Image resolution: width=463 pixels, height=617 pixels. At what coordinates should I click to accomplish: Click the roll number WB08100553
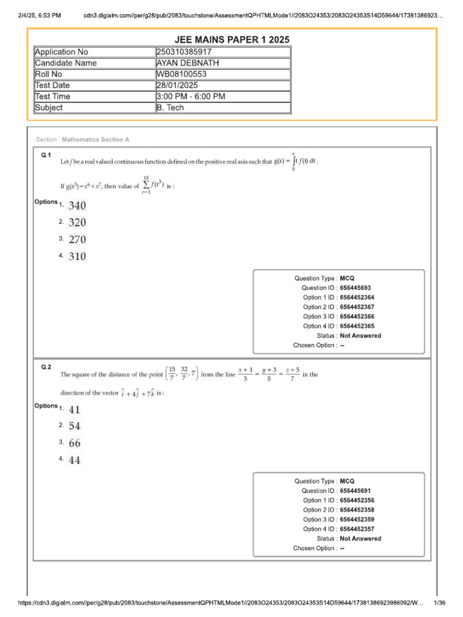click(x=181, y=74)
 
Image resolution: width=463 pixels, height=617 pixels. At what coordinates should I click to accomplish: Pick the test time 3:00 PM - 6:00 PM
click(x=192, y=96)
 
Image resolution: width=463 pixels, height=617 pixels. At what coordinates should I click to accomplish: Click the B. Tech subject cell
click(x=170, y=108)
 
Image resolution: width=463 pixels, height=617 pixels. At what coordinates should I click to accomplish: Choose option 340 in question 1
click(x=77, y=205)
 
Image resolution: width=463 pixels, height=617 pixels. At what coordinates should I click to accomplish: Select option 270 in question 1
click(x=77, y=239)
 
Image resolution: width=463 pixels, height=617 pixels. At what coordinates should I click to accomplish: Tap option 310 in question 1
click(x=77, y=257)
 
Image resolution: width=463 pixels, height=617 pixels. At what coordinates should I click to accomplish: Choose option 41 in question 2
click(x=75, y=410)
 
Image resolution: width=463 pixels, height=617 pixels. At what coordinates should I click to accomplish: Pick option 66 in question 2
click(x=75, y=443)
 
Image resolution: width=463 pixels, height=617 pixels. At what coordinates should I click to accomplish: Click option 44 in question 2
click(x=75, y=460)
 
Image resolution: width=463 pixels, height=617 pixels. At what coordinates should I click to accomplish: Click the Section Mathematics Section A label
click(x=83, y=140)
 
